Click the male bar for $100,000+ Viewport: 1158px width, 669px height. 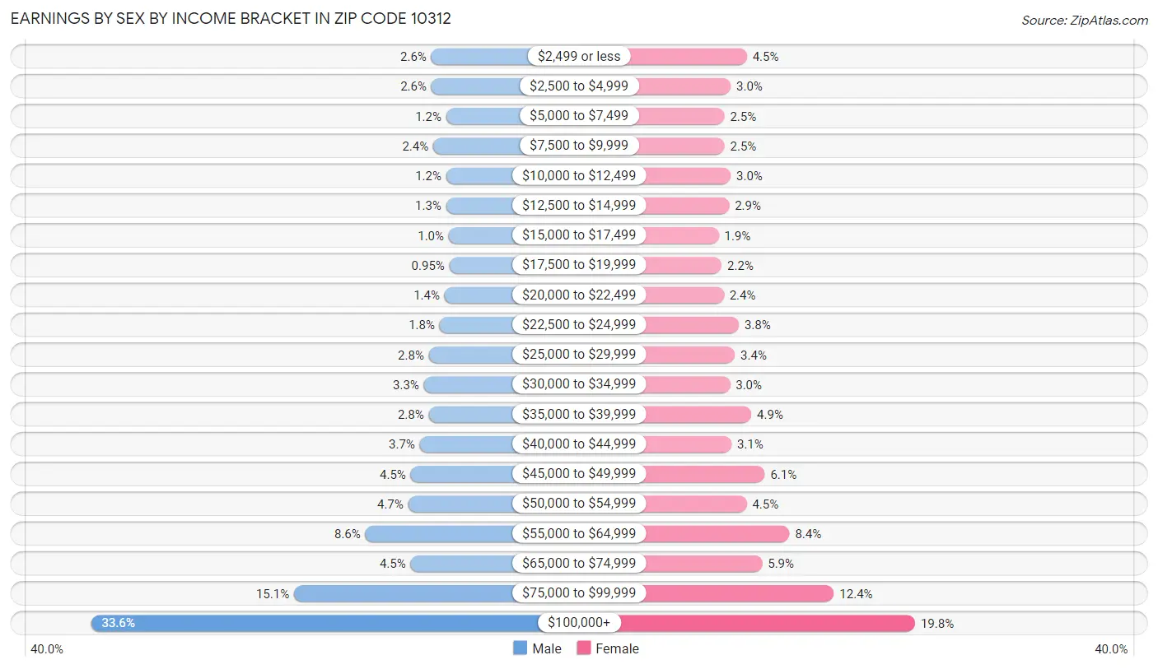(313, 623)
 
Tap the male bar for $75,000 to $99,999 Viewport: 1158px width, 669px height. (404, 593)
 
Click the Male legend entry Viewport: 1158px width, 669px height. (537, 648)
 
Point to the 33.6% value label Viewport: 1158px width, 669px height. (118, 623)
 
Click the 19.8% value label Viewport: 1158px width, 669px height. (937, 624)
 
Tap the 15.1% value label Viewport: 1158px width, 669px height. (273, 593)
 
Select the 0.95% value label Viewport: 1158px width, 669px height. (427, 266)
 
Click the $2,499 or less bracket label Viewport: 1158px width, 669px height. (579, 56)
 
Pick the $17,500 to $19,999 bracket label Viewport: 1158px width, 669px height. (579, 265)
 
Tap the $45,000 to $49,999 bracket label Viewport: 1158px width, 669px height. (579, 474)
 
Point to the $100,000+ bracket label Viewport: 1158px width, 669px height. (579, 623)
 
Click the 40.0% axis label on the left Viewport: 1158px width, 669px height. (47, 649)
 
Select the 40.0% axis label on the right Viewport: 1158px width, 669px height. (1111, 649)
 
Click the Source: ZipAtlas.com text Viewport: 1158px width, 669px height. (1084, 20)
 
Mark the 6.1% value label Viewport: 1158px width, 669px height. (783, 475)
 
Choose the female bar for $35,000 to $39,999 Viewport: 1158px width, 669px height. (697, 415)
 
